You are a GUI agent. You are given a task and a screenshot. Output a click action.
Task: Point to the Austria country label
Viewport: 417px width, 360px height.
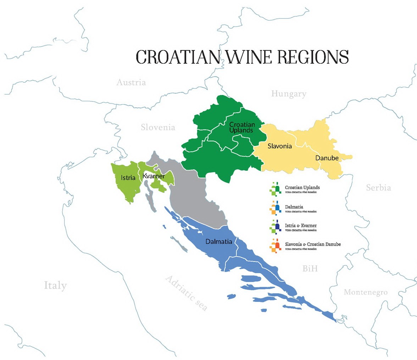click(131, 83)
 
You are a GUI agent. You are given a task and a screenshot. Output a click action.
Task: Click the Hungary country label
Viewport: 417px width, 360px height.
click(289, 94)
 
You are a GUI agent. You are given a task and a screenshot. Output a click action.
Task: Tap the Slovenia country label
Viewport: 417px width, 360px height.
click(158, 127)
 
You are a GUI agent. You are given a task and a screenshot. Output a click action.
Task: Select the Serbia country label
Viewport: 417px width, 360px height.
click(379, 187)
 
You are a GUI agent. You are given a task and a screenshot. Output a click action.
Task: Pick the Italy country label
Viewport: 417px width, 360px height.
click(55, 285)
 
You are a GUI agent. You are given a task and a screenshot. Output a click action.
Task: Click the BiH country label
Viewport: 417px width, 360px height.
click(310, 269)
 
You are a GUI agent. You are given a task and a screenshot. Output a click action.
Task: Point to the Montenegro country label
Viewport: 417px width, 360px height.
click(365, 292)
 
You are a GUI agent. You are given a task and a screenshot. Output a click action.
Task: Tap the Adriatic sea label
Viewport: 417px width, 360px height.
click(186, 293)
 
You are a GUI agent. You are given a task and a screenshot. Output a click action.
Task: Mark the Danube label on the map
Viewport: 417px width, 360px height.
click(325, 158)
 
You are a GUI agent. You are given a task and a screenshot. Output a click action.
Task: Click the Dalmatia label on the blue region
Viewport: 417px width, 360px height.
click(218, 242)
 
